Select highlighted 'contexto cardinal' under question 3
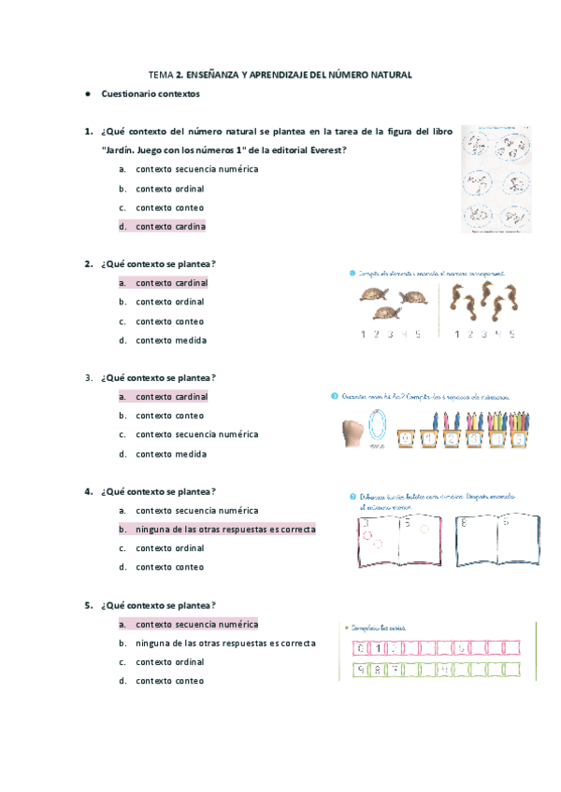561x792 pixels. point(171,397)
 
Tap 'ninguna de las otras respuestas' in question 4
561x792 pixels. point(224,530)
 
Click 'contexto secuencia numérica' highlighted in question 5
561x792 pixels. point(196,624)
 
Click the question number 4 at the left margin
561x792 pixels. point(88,491)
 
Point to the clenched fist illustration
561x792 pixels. point(352,429)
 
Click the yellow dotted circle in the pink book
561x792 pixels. point(424,528)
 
